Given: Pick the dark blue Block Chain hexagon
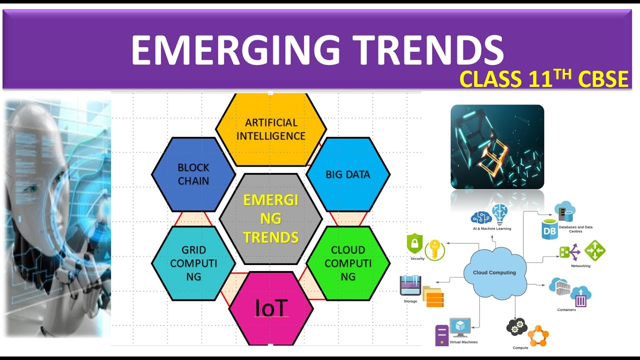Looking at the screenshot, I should pyautogui.click(x=193, y=174).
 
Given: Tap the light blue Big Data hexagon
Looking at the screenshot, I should pyautogui.click(x=348, y=174).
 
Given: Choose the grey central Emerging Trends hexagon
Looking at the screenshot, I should pyautogui.click(x=271, y=218).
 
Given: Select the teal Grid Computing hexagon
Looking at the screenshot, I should pyautogui.click(x=193, y=263).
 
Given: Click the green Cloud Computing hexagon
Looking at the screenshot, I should pyautogui.click(x=348, y=263).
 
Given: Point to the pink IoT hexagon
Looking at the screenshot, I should pyautogui.click(x=271, y=308).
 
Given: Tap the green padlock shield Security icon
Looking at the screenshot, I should pyautogui.click(x=414, y=244).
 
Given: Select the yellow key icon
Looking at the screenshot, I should pyautogui.click(x=434, y=249).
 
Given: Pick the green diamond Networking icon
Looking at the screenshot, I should pyautogui.click(x=594, y=250).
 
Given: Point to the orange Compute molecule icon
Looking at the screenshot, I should pyautogui.click(x=538, y=336).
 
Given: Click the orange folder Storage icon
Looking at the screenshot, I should pyautogui.click(x=432, y=297).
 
